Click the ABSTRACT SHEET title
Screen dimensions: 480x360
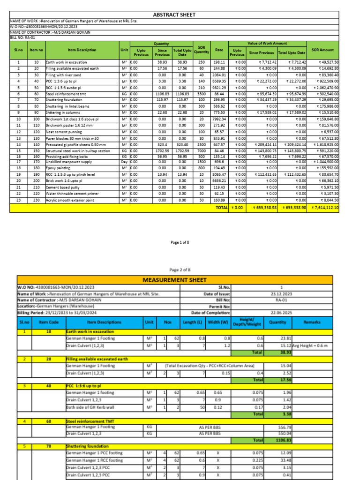(x=174, y=15)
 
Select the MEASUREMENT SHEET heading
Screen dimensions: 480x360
(x=174, y=280)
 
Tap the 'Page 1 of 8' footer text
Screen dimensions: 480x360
(x=180, y=242)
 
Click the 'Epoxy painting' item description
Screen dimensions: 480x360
(x=58, y=167)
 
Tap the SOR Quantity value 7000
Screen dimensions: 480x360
(x=202, y=151)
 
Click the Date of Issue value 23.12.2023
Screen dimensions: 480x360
(x=281, y=294)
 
